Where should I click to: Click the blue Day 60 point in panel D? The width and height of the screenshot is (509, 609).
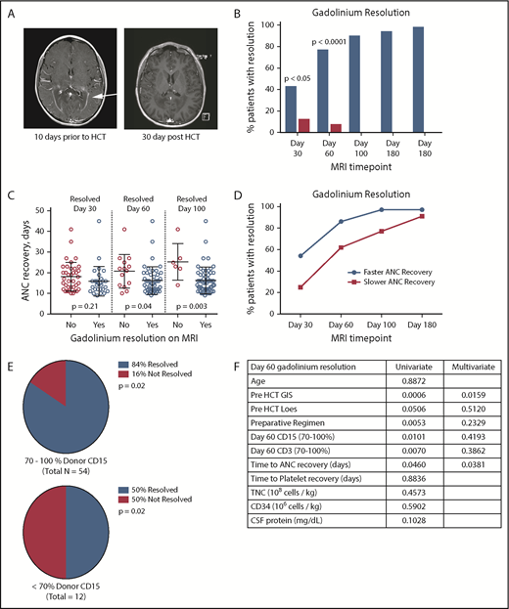(x=342, y=222)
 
